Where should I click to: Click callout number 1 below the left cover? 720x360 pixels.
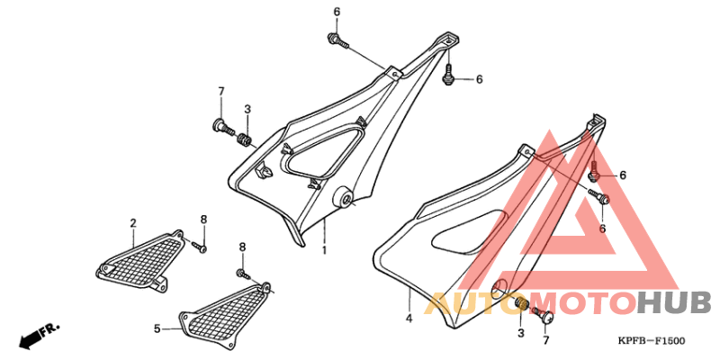click(x=324, y=251)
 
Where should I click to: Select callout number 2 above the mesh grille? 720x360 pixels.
click(x=133, y=223)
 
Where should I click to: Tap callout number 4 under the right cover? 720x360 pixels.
click(x=409, y=318)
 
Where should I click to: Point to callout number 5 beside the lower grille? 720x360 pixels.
click(x=157, y=328)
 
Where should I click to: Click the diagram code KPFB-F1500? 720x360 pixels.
click(x=651, y=341)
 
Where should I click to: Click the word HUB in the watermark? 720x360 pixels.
click(x=673, y=303)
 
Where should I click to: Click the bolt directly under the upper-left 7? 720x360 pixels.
click(x=223, y=127)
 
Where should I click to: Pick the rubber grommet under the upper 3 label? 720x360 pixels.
click(x=245, y=139)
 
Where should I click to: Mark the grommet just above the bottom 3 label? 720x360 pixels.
click(x=521, y=303)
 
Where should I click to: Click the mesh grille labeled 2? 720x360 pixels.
click(x=141, y=260)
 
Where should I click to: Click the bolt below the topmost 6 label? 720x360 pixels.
click(x=338, y=40)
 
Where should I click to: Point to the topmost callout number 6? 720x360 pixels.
click(x=337, y=13)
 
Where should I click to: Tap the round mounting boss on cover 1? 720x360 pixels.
click(x=344, y=197)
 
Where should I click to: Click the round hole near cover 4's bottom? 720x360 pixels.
click(x=499, y=286)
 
